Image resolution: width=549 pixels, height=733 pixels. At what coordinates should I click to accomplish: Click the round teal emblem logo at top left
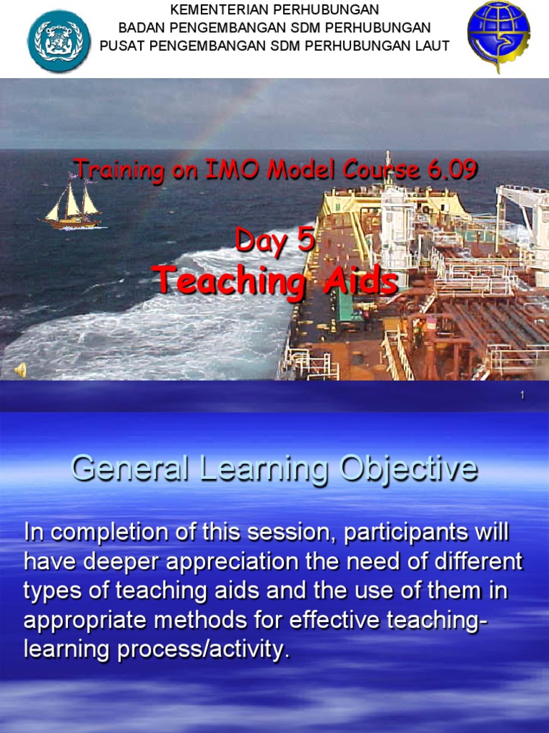59,41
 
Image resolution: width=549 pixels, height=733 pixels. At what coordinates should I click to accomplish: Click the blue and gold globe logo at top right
498,37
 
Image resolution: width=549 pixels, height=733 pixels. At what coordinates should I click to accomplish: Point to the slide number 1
523,395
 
